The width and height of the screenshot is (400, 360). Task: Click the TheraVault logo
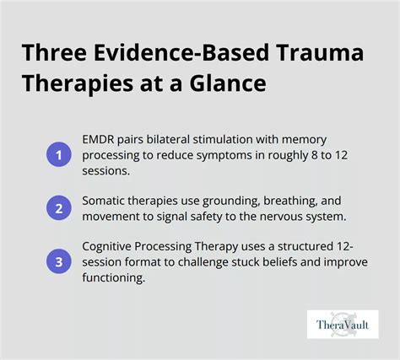(343, 324)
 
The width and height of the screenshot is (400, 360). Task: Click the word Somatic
(106, 201)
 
